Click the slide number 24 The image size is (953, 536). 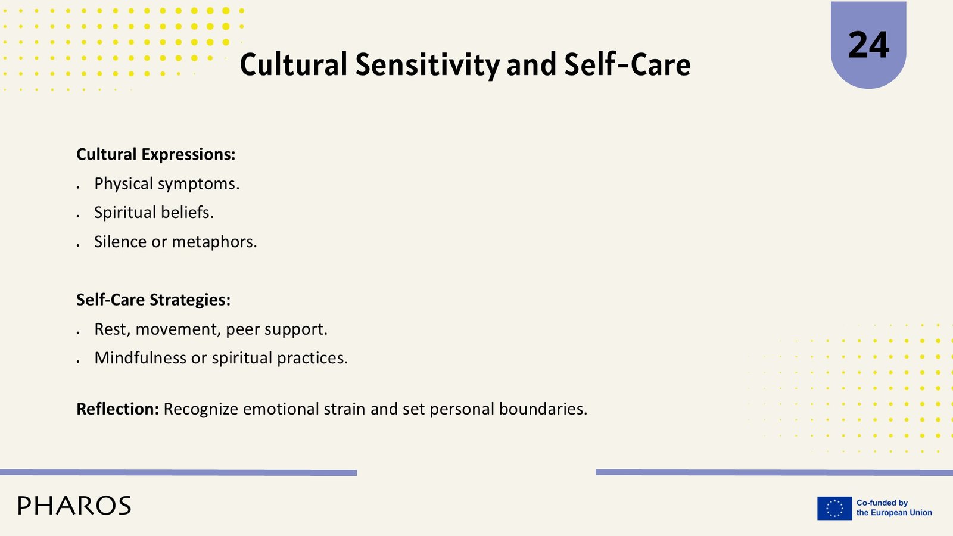868,45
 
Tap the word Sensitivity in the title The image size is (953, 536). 428,65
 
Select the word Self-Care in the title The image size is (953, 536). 628,65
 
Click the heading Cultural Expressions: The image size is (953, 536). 155,154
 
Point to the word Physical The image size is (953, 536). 123,184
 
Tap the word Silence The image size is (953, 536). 120,242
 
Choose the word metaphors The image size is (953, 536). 214,242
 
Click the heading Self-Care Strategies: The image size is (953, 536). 154,300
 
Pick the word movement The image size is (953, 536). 178,329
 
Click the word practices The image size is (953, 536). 312,358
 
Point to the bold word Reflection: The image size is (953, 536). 118,409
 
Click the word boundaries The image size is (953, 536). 543,409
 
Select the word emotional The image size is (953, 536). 281,409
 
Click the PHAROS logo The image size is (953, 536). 74,506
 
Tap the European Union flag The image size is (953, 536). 834,509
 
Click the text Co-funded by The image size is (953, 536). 882,503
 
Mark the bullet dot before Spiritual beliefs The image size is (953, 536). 78,216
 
